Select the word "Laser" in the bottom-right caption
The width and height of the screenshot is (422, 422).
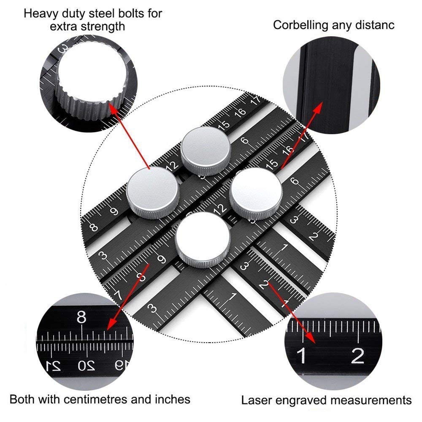(254, 400)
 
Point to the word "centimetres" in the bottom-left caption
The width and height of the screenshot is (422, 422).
(101, 399)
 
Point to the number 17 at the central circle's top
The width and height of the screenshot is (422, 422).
(255, 100)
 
